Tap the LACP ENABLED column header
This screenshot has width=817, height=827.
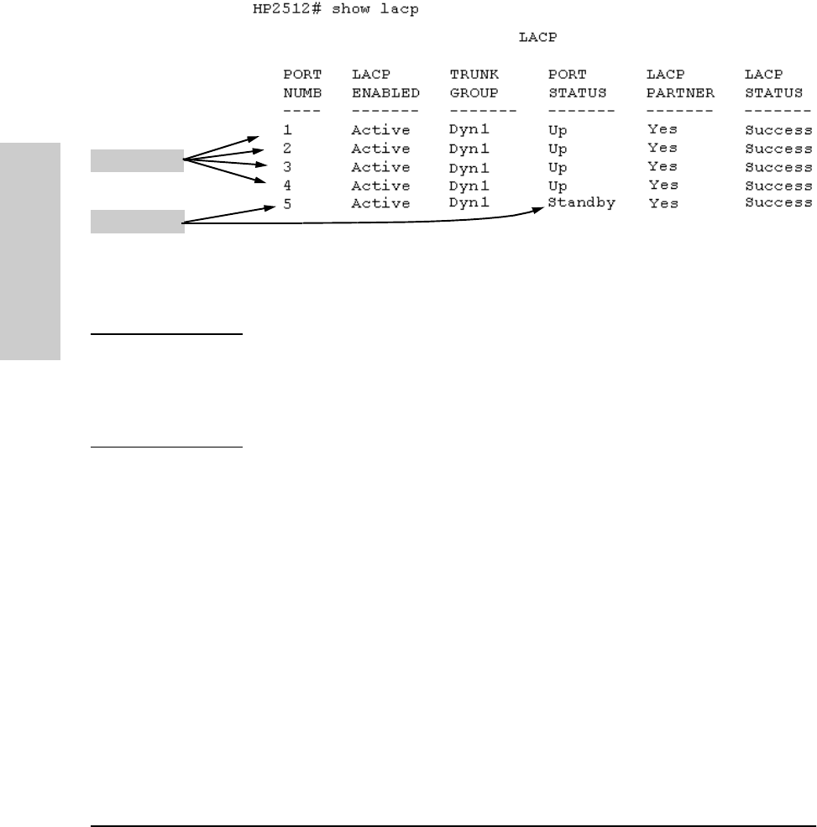(385, 83)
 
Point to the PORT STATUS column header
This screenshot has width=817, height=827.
(577, 83)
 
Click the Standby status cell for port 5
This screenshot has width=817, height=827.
(581, 202)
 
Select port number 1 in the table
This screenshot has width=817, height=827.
(287, 130)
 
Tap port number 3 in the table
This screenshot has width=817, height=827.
(287, 166)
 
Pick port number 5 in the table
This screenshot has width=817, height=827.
(287, 203)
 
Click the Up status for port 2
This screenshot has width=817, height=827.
(558, 149)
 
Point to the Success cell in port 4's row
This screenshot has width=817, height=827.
(778, 185)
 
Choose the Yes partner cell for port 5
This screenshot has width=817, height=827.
(663, 203)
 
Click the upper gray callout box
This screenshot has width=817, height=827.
(137, 160)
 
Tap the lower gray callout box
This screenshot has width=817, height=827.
(137, 222)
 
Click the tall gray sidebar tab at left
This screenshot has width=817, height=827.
(31, 251)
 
